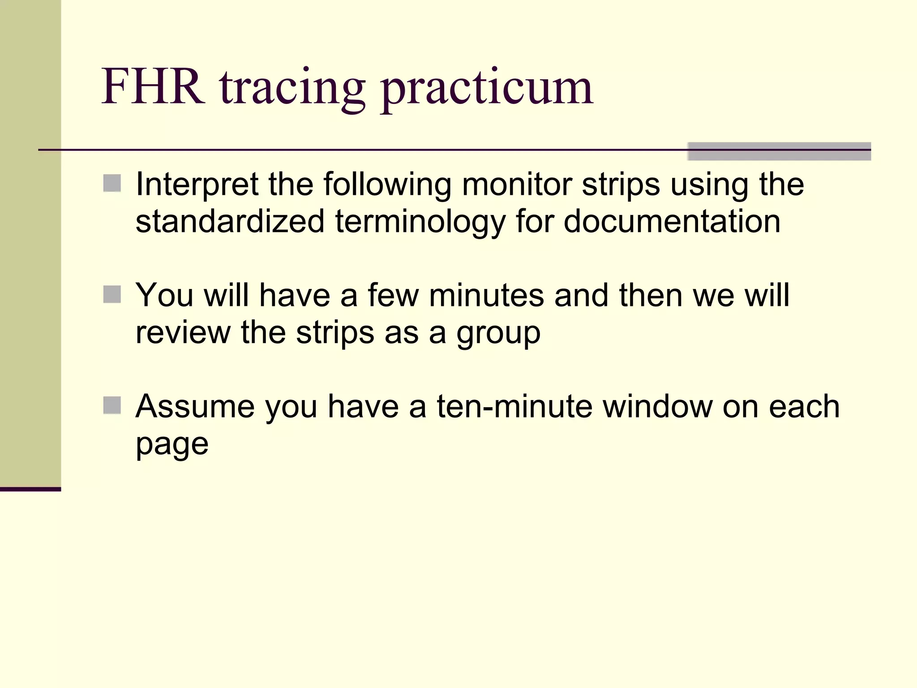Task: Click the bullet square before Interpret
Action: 112,183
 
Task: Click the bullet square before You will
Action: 112,294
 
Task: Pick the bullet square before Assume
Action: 112,405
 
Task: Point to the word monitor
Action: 517,184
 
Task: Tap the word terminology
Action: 420,222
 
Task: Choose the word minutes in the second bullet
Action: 486,295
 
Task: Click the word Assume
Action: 195,406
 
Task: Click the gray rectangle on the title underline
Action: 779,151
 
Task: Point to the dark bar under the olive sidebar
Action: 30,489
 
